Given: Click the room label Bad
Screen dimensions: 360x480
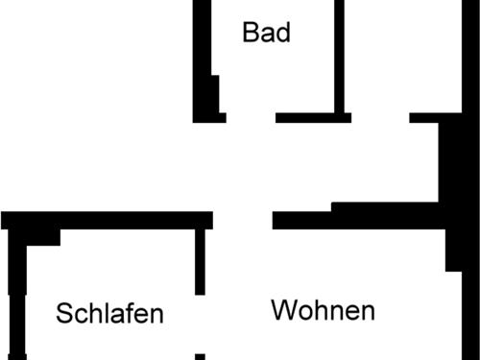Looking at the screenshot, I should [x=266, y=33].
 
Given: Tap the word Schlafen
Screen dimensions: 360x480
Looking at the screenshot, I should [x=109, y=313].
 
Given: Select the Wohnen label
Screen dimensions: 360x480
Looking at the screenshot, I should [x=323, y=311].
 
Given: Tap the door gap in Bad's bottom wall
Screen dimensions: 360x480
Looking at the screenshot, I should [x=252, y=117].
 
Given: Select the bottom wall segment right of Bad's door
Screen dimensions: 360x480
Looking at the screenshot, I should [x=312, y=117].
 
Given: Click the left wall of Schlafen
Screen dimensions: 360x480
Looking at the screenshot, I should [x=13, y=288].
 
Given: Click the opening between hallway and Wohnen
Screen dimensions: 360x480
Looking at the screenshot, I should [x=242, y=220].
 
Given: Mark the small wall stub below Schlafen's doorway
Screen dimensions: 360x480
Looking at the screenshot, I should [x=200, y=356].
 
